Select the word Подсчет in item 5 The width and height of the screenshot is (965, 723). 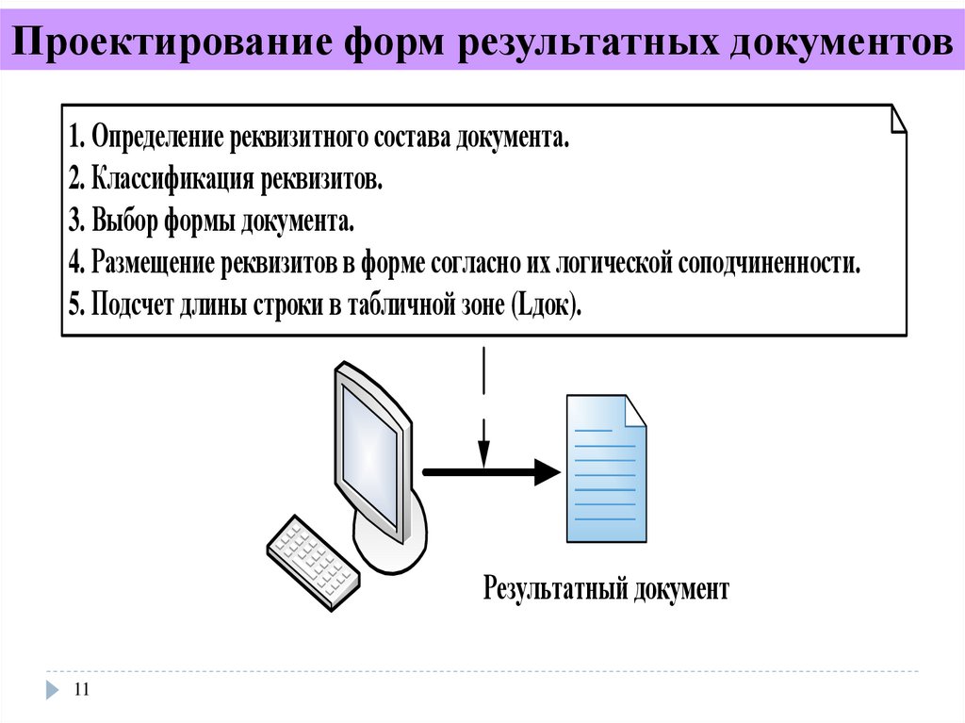click(135, 305)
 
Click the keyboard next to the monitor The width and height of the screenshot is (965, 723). click(312, 562)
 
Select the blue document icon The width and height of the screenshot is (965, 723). click(606, 468)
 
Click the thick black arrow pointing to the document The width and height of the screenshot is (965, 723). click(490, 469)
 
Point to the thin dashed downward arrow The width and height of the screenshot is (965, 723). click(482, 405)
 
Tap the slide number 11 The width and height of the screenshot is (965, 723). click(80, 691)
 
